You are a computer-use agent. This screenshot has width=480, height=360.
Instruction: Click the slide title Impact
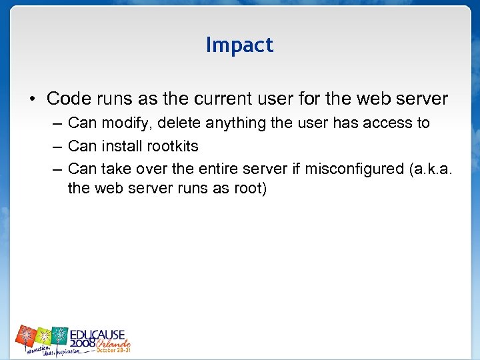(x=239, y=45)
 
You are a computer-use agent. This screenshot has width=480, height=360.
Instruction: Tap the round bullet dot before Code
(x=32, y=100)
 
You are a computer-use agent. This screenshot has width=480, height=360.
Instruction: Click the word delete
(x=179, y=123)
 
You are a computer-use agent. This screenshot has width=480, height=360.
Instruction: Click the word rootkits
(x=175, y=146)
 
